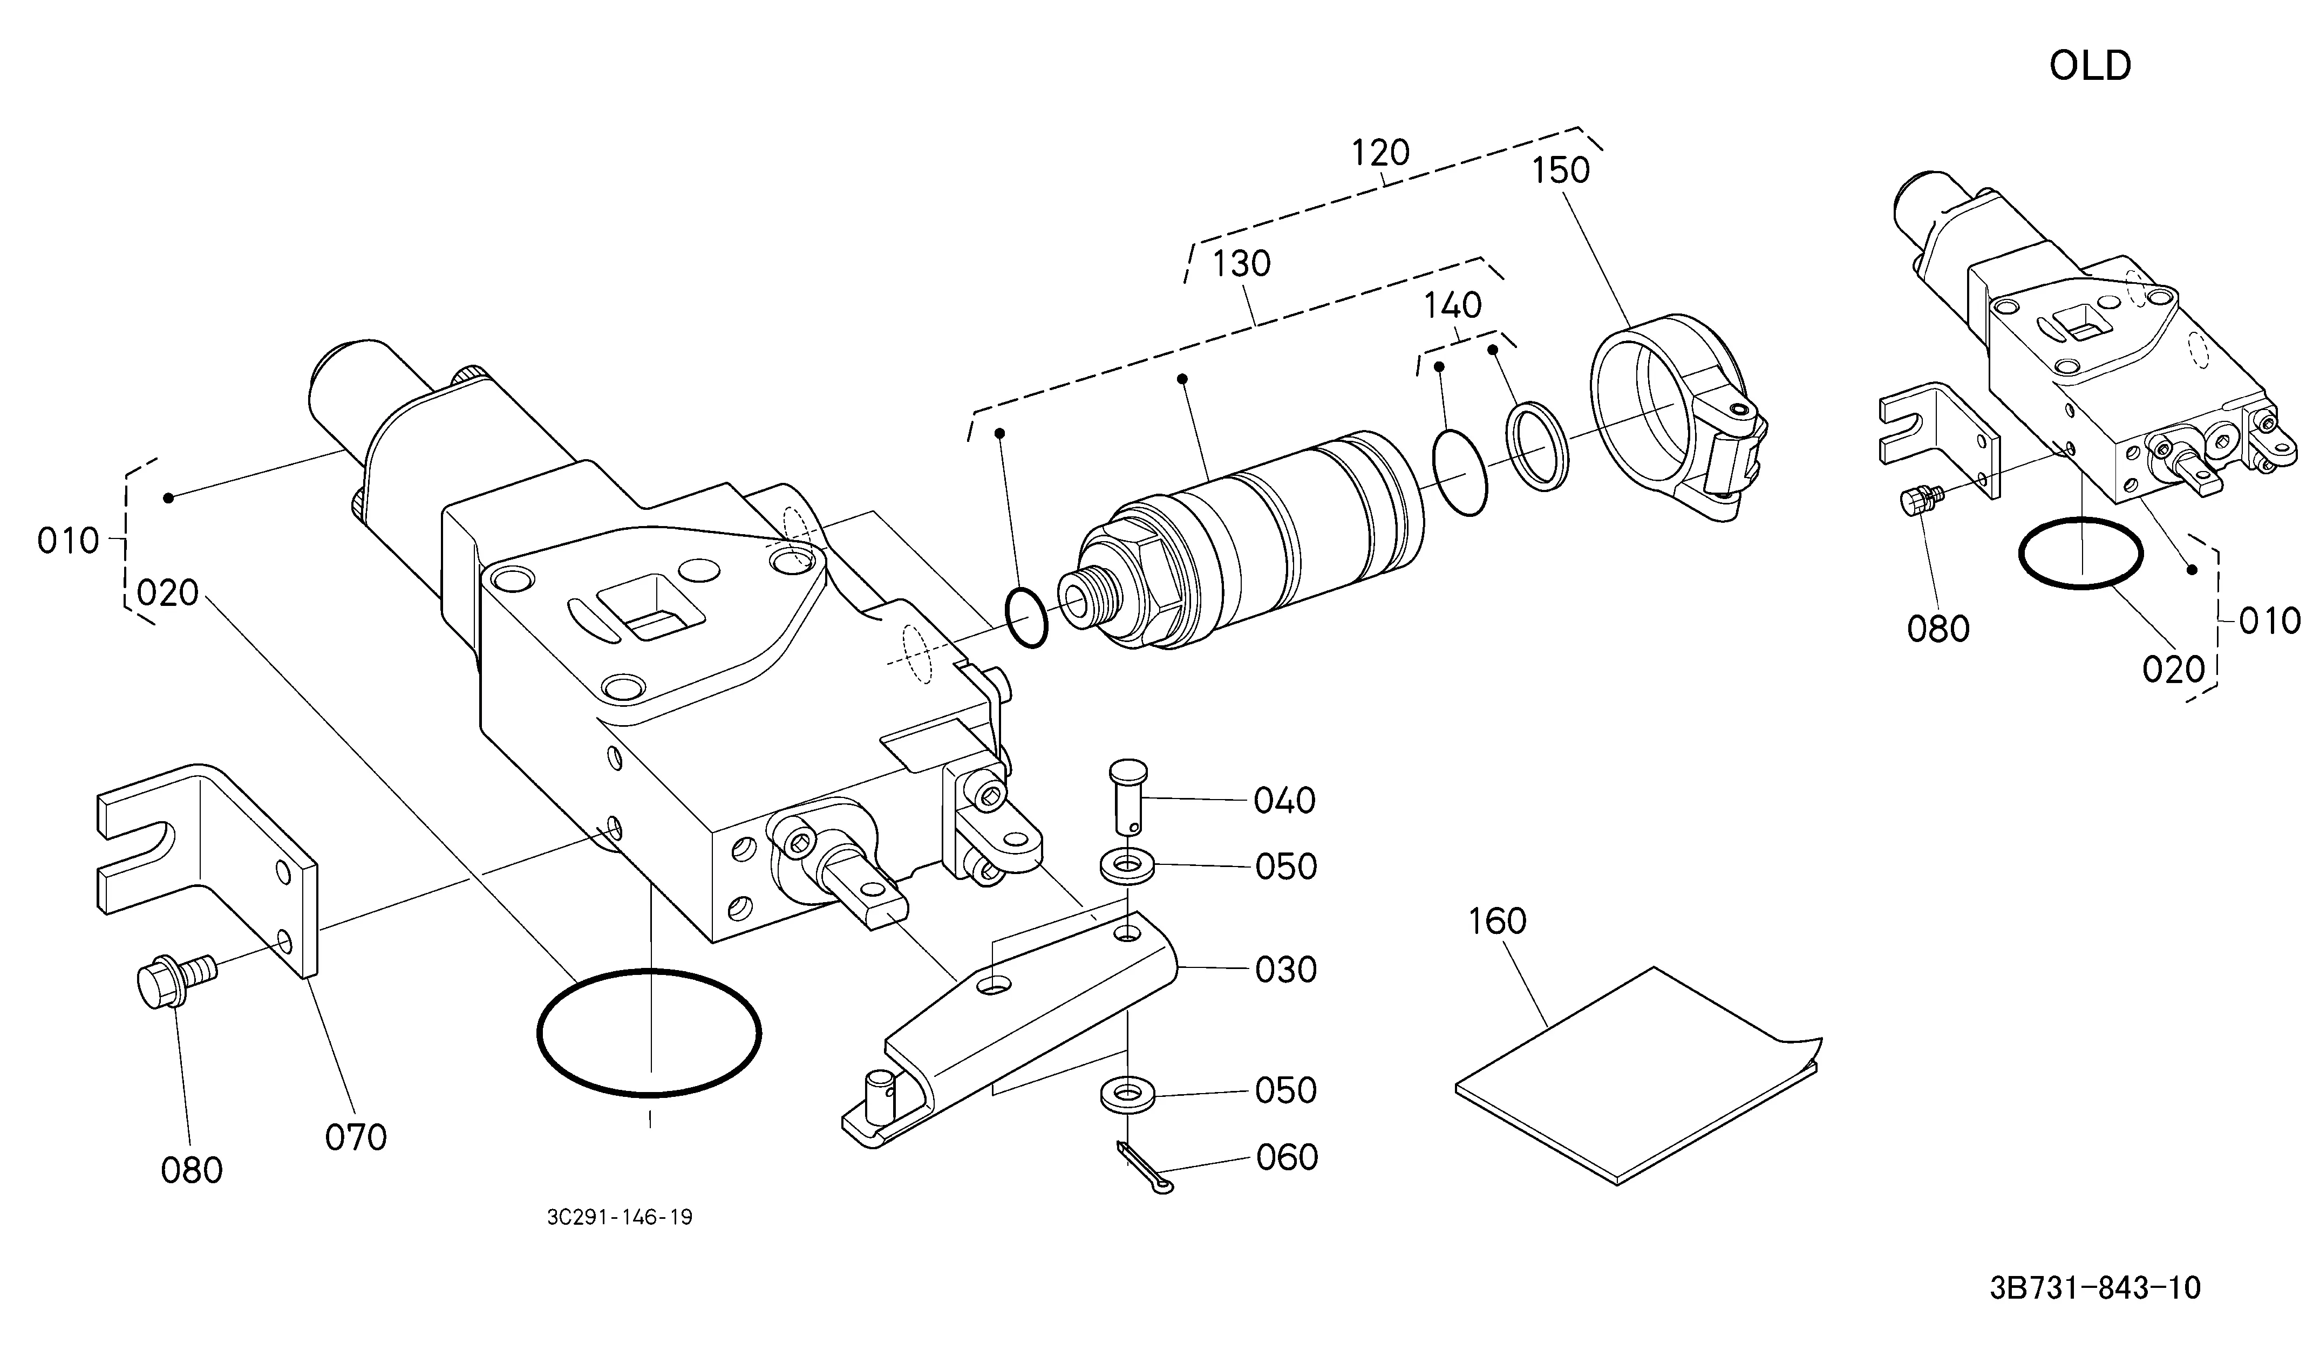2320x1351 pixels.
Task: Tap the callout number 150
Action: tap(1561, 170)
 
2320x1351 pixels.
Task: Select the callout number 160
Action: tap(1497, 921)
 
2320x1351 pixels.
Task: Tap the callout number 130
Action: tap(1241, 264)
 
